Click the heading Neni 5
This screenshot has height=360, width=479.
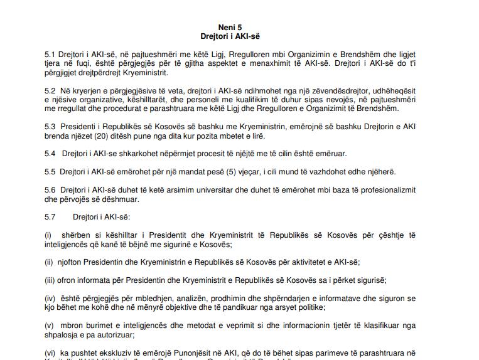click(x=230, y=27)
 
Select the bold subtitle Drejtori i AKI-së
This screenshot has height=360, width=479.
click(x=230, y=36)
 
